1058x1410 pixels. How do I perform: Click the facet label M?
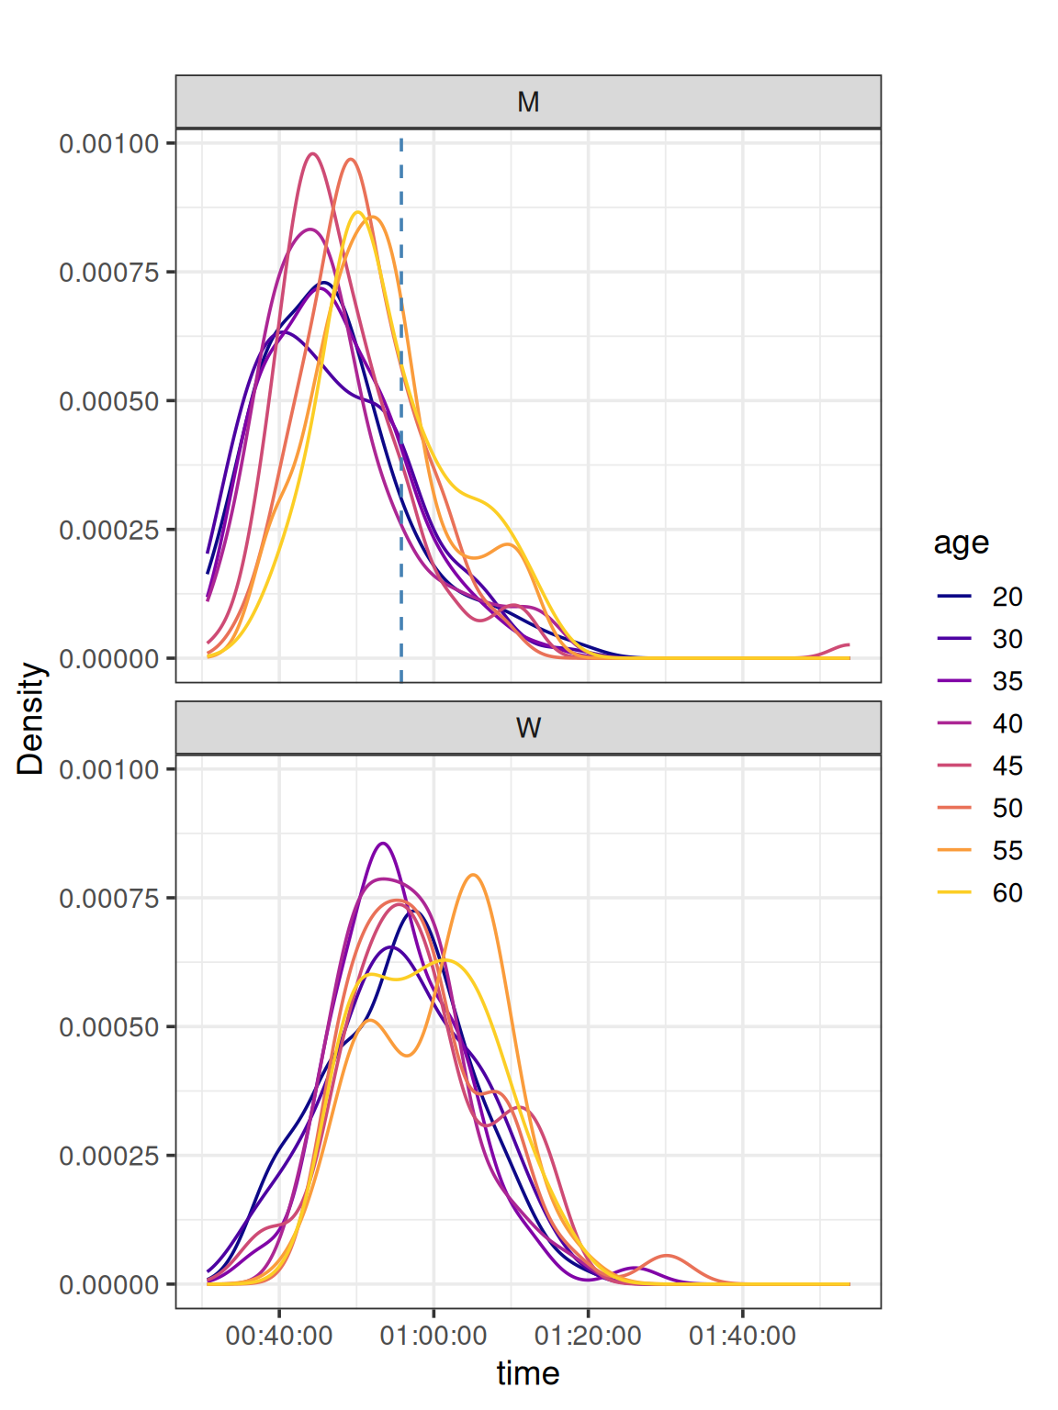pyautogui.click(x=528, y=102)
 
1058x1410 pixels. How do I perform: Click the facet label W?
pyautogui.click(x=528, y=728)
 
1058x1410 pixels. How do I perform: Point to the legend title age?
pyautogui.click(x=961, y=543)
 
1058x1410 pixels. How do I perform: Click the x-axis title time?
pyautogui.click(x=528, y=1373)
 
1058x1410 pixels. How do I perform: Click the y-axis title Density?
pyautogui.click(x=31, y=719)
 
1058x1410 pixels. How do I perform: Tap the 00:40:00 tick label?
pyautogui.click(x=279, y=1335)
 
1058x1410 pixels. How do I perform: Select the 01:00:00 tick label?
pyautogui.click(x=433, y=1335)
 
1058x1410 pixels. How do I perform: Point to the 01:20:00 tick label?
pyautogui.click(x=588, y=1335)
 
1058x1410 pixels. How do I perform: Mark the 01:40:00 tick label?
pyautogui.click(x=742, y=1335)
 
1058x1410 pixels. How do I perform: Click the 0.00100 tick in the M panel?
pyautogui.click(x=109, y=144)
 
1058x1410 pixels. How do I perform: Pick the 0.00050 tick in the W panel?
pyautogui.click(x=109, y=1027)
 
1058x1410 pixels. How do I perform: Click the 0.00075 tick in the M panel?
pyautogui.click(x=109, y=273)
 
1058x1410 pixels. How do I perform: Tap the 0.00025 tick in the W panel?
pyautogui.click(x=109, y=1156)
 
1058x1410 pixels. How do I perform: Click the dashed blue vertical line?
pyautogui.click(x=401, y=551)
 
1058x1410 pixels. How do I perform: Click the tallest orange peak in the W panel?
pyautogui.click(x=473, y=875)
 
